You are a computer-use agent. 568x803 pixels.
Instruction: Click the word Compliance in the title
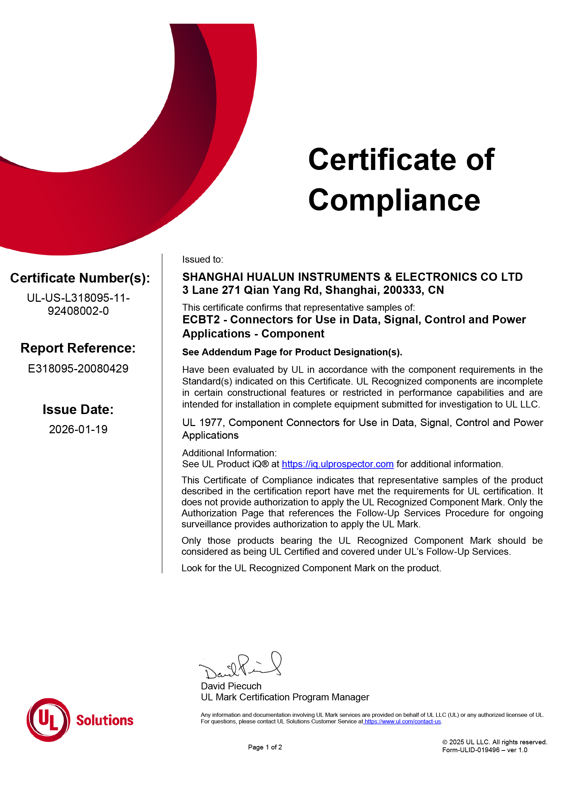click(394, 200)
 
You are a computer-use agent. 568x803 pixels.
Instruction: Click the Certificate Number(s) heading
click(80, 278)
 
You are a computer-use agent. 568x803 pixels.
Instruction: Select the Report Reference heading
click(78, 348)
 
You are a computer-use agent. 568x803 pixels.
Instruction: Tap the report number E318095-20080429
click(78, 368)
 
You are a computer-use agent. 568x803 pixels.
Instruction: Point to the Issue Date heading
click(78, 410)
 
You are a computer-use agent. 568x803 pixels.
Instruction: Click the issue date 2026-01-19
click(78, 429)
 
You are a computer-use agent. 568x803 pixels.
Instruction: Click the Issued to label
click(203, 260)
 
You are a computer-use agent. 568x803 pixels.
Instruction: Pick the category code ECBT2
click(201, 320)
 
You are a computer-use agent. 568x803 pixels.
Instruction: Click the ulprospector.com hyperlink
click(338, 464)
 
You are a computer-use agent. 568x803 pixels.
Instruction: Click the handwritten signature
click(241, 667)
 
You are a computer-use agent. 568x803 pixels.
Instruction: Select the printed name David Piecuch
click(231, 686)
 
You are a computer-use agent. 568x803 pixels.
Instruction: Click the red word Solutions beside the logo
click(105, 721)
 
